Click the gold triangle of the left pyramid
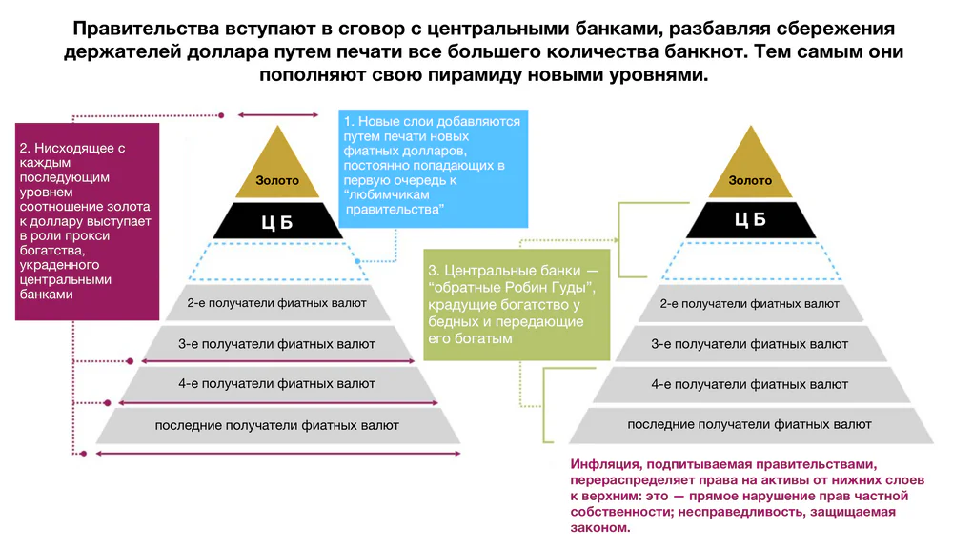pyautogui.click(x=277, y=171)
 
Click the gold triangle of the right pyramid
pyautogui.click(x=751, y=171)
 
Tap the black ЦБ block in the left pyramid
pyautogui.click(x=277, y=221)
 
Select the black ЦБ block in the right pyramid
pyautogui.click(x=751, y=220)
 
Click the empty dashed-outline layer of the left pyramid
pyautogui.click(x=277, y=261)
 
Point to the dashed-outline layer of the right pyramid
pyautogui.click(x=751, y=261)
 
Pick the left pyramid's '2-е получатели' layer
pyautogui.click(x=277, y=303)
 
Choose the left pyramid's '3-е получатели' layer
pyautogui.click(x=277, y=343)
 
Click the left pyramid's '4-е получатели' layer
pyautogui.click(x=277, y=383)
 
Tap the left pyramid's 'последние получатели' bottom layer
pyautogui.click(x=277, y=425)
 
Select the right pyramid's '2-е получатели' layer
pyautogui.click(x=751, y=303)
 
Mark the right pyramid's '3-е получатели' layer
pyautogui.click(x=751, y=343)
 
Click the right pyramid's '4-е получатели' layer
pyautogui.click(x=751, y=383)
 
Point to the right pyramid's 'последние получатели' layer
pyautogui.click(x=751, y=425)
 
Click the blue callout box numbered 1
pyautogui.click(x=433, y=169)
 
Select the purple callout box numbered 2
pyautogui.click(x=87, y=222)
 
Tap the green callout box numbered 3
pyautogui.click(x=517, y=305)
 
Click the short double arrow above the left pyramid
pyautogui.click(x=277, y=115)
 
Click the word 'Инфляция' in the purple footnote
pyautogui.click(x=605, y=464)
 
